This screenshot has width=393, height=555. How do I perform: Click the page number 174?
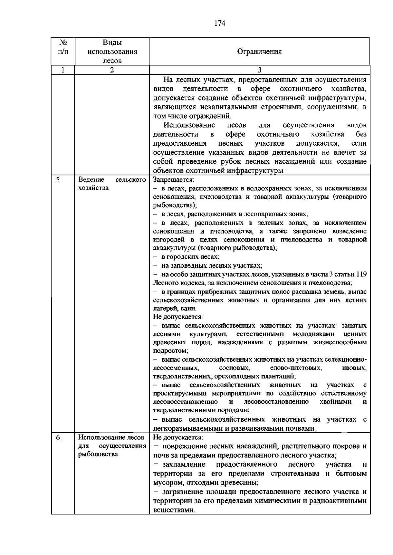[x=220, y=23]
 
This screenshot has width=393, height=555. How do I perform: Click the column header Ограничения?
[x=259, y=52]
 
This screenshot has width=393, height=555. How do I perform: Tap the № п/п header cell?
[x=63, y=47]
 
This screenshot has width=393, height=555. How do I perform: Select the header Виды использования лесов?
[x=112, y=52]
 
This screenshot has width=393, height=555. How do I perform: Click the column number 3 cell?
[x=259, y=70]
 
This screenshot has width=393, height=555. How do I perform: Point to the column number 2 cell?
[x=112, y=70]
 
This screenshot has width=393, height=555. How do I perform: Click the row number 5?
[x=58, y=180]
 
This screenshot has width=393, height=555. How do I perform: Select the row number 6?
[x=58, y=438]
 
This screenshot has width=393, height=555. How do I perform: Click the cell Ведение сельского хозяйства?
[x=112, y=184]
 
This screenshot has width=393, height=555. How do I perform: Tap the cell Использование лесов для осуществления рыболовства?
[x=112, y=446]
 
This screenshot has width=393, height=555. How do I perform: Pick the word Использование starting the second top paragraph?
[x=189, y=125]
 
